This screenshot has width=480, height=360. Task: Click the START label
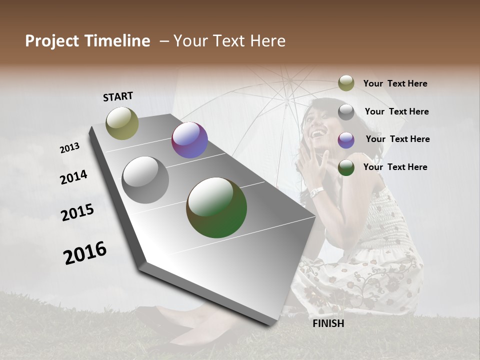pos(118,96)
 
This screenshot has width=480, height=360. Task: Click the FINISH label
pos(328,323)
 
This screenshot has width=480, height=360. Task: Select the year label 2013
pos(69,148)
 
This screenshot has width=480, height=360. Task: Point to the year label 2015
pos(77,212)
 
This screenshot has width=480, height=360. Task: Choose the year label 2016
pos(85,253)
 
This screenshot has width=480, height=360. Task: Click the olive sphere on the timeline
pos(122,123)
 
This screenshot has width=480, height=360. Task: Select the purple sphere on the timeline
pos(189,140)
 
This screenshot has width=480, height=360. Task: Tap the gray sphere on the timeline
pos(145,180)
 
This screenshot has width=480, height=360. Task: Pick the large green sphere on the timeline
pos(216,207)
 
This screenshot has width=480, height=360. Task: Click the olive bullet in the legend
pos(346,83)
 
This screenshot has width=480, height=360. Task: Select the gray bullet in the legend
pos(346,112)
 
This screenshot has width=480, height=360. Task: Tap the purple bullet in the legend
pos(346,140)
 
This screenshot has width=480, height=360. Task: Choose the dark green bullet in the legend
pos(346,167)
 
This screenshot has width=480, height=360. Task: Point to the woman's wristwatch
pos(317,192)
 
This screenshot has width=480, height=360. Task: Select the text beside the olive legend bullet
pos(395,83)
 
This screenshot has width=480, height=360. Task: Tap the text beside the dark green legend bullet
pos(395,167)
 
